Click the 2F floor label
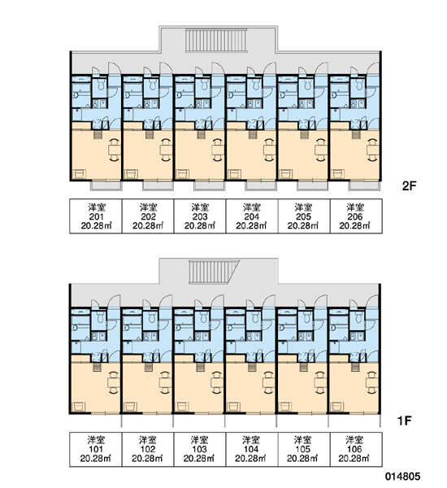pyautogui.click(x=409, y=185)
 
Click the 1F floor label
pyautogui.click(x=404, y=420)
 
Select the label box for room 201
pyautogui.click(x=96, y=216)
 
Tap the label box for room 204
pyautogui.click(x=251, y=216)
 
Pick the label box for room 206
pyautogui.click(x=356, y=216)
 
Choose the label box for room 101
pyautogui.click(x=96, y=449)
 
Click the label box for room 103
pyautogui.click(x=199, y=449)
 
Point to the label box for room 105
pyautogui.click(x=303, y=449)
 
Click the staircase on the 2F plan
pyautogui.click(x=216, y=40)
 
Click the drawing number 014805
pyautogui.click(x=402, y=476)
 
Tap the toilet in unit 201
pyautogui.click(x=101, y=85)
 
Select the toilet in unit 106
pyautogui.click(x=358, y=317)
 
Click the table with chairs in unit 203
pyautogui.click(x=219, y=150)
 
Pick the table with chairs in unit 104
pyautogui.click(x=268, y=382)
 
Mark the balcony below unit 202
pyautogui.click(x=158, y=185)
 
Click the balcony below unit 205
pyautogui.click(x=312, y=185)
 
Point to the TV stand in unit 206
pyautogui.click(x=338, y=174)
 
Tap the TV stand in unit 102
pyautogui.click(x=130, y=407)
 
